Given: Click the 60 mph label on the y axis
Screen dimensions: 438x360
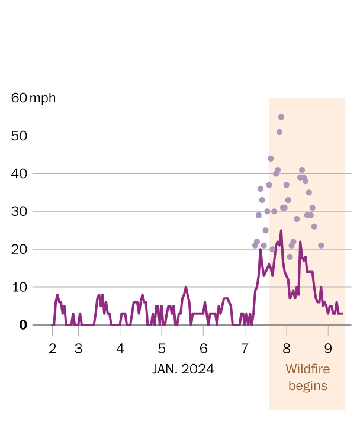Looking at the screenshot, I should point(34,98).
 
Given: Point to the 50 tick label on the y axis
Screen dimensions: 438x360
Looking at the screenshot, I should point(20,136).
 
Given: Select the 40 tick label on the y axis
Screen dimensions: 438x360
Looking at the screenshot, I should point(20,173).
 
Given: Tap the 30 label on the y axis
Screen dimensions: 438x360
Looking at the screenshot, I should point(20,211).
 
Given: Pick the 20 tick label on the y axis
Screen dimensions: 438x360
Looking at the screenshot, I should point(20,249).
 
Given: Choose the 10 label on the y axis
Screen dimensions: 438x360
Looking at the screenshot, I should point(20,287).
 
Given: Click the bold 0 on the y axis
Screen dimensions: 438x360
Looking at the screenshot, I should point(24,325).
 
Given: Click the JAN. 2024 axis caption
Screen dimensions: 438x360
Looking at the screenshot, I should point(183,369).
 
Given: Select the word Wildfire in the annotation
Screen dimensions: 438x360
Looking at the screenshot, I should point(307,369).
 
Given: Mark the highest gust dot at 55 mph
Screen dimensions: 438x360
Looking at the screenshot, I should point(281,117).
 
